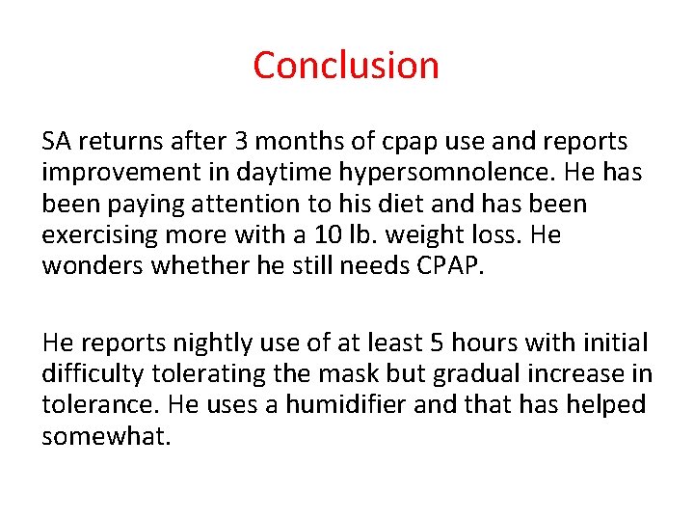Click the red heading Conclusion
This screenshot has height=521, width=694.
[346, 66]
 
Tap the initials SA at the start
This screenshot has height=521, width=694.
[56, 142]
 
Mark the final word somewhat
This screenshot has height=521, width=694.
[106, 435]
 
